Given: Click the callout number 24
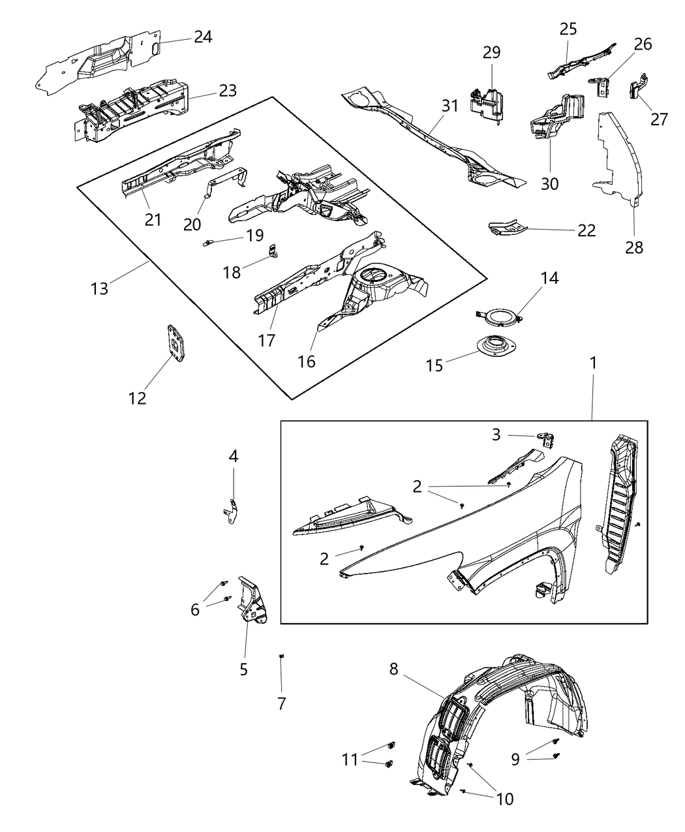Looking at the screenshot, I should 202,37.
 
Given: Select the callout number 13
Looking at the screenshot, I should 99,288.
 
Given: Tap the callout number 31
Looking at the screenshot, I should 450,106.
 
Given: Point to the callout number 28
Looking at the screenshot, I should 633,247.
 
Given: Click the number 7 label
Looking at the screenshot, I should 281,703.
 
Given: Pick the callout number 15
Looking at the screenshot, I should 434,365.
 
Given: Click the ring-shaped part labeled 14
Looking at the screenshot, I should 500,317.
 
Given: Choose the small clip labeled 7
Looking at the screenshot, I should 281,656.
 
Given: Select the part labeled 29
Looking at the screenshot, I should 487,103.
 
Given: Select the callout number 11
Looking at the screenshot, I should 350,760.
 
